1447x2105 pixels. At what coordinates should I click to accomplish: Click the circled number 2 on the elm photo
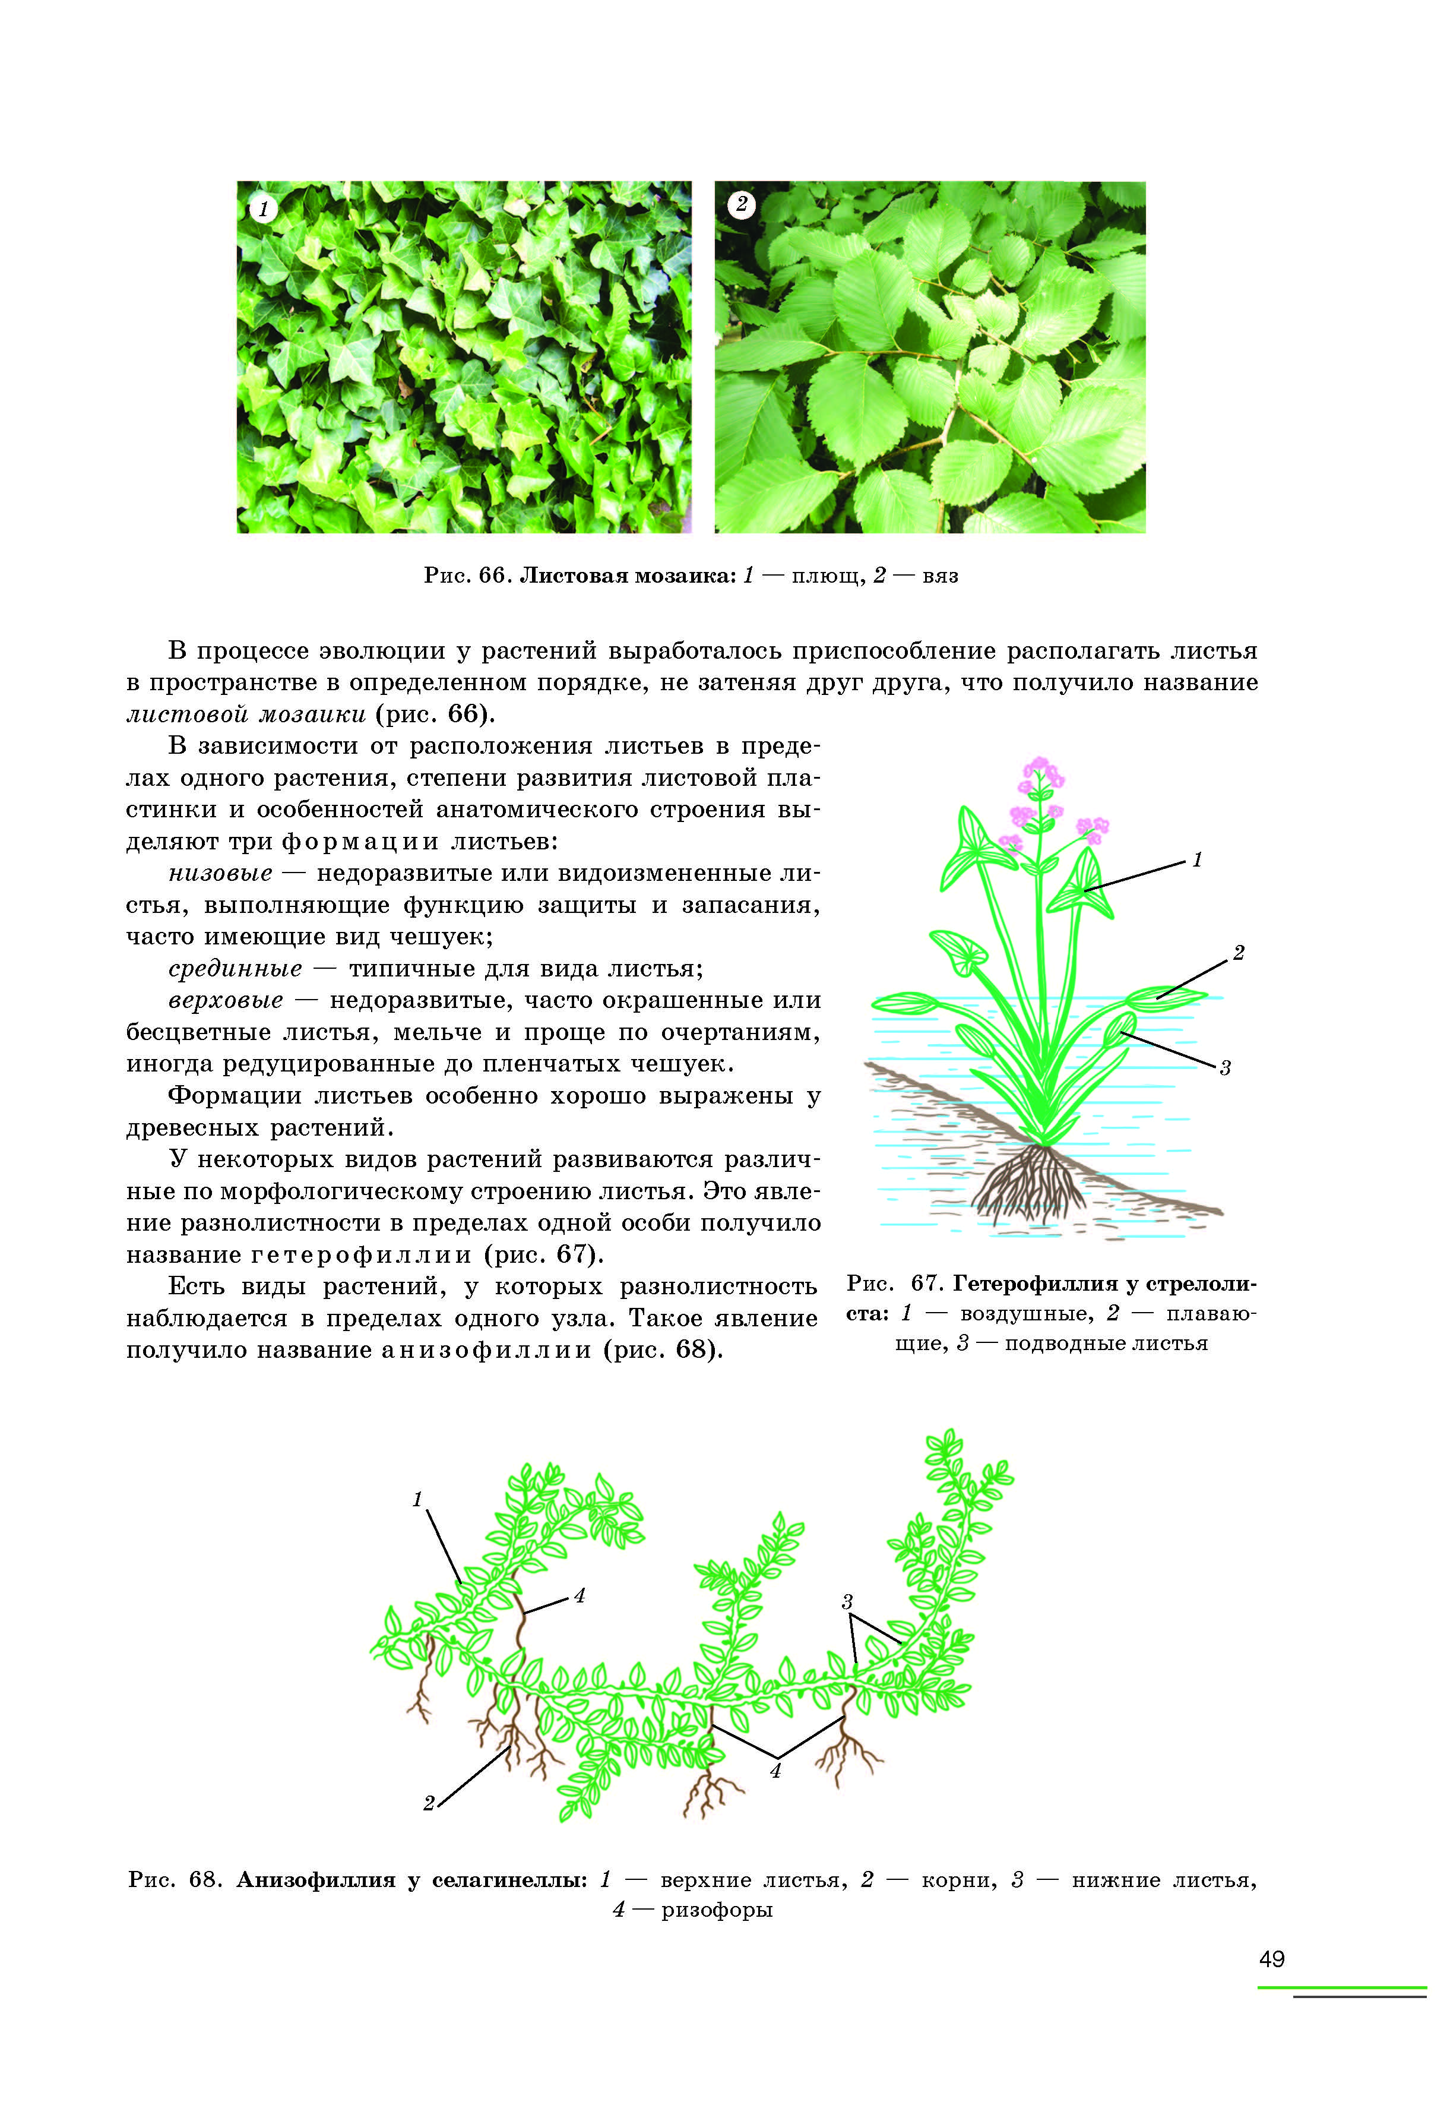pos(742,205)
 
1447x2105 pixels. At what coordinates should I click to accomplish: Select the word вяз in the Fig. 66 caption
pos(940,576)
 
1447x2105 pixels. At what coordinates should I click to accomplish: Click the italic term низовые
pos(220,873)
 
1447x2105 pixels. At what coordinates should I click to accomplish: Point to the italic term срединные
pos(235,969)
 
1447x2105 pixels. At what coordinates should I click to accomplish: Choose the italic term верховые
pos(226,1000)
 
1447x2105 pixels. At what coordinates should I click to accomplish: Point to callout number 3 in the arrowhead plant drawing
pos(1225,1069)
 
